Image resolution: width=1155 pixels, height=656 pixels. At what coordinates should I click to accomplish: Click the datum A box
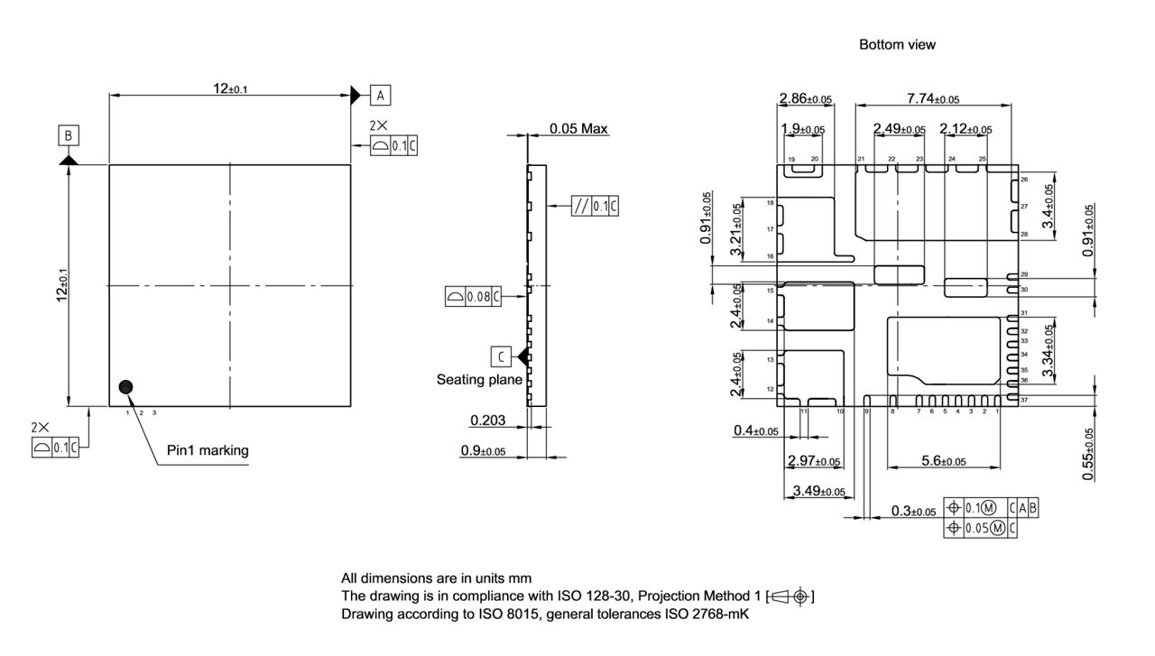click(x=381, y=94)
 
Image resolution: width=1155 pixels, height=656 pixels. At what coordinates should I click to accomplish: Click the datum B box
click(x=69, y=135)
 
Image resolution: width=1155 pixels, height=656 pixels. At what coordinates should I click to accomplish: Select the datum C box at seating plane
click(x=502, y=356)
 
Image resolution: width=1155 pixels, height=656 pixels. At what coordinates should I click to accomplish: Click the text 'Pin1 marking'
click(x=208, y=449)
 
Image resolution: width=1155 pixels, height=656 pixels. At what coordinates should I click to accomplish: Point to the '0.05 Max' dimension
click(x=578, y=129)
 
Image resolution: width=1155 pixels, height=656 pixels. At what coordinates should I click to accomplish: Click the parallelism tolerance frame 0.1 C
click(x=596, y=206)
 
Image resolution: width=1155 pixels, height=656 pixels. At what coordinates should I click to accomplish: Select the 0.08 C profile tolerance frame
click(x=473, y=295)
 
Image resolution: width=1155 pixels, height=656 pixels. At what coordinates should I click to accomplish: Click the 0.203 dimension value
click(x=486, y=420)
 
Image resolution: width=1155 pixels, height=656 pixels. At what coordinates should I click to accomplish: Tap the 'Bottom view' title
click(x=897, y=44)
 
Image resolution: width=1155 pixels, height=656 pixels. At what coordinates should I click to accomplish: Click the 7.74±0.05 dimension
click(x=932, y=98)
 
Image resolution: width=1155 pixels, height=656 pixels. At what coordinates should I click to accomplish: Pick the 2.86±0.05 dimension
click(x=805, y=98)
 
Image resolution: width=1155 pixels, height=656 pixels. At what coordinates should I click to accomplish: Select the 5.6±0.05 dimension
click(x=943, y=460)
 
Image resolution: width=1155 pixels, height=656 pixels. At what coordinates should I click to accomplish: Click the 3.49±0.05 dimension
click(x=818, y=491)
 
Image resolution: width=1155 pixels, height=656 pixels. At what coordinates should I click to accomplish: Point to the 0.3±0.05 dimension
click(x=912, y=511)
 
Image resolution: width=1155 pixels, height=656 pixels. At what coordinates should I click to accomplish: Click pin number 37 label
click(x=1024, y=399)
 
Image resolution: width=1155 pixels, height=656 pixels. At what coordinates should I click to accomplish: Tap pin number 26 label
click(x=1024, y=180)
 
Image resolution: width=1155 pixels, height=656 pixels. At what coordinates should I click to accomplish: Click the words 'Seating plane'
click(x=479, y=380)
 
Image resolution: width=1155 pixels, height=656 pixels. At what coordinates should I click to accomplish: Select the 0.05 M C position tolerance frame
click(x=980, y=528)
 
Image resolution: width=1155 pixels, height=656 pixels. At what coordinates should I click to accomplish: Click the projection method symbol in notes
click(x=791, y=596)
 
